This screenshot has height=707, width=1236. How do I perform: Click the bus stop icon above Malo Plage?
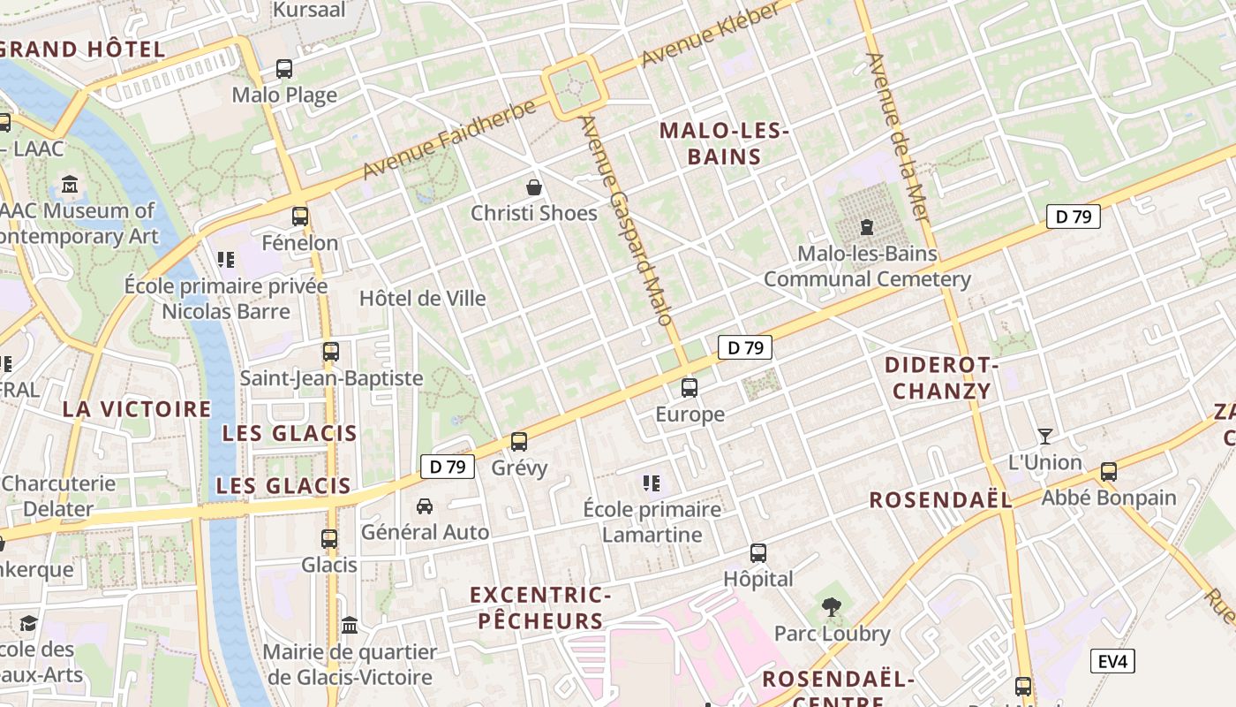284,68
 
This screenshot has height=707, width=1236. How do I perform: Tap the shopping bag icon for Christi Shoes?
533,186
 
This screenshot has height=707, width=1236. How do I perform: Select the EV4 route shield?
1112,661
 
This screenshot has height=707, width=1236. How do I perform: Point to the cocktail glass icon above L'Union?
1045,436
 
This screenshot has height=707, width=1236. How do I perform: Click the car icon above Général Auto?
425,506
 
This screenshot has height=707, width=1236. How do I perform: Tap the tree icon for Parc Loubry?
831,607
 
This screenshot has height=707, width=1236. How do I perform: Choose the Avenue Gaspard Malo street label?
628,221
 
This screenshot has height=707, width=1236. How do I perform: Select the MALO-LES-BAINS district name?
723,144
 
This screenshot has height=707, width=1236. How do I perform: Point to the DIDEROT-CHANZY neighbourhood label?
941,377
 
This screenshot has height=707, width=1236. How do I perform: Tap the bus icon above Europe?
690,387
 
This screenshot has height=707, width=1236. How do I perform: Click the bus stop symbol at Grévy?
519,441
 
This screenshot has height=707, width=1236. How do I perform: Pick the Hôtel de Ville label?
423,299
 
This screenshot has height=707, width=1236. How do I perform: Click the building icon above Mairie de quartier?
350,626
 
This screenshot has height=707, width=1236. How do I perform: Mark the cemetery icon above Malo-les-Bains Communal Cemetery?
867,227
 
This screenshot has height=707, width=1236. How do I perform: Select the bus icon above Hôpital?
757,553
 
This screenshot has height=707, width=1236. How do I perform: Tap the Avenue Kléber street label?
712,35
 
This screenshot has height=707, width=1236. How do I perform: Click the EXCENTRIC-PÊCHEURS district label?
540,607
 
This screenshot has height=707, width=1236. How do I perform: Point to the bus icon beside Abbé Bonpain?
1109,471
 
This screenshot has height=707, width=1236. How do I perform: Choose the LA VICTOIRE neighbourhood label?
137,409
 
